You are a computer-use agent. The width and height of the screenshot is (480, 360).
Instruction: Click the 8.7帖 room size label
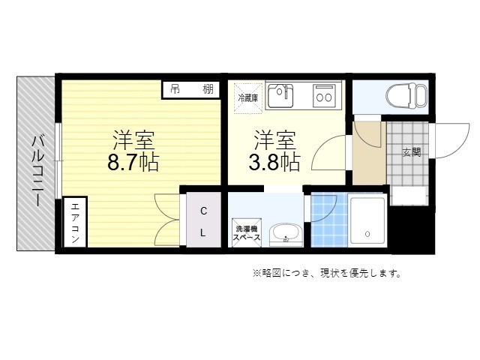point(133,162)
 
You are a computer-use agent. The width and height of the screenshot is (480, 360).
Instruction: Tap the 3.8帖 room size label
point(275,162)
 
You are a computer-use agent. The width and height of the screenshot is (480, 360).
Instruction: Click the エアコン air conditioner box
point(76,223)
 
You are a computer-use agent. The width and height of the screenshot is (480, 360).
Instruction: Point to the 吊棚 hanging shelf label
point(190,89)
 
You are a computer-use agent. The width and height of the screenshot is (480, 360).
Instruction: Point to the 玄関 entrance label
point(411,152)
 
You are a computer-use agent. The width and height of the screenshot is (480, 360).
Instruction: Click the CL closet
point(203,221)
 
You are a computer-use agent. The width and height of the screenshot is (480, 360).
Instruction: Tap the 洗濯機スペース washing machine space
point(247,232)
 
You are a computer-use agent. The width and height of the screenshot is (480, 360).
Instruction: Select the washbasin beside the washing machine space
point(284,234)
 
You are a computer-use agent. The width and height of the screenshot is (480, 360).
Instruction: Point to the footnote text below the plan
point(326,273)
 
